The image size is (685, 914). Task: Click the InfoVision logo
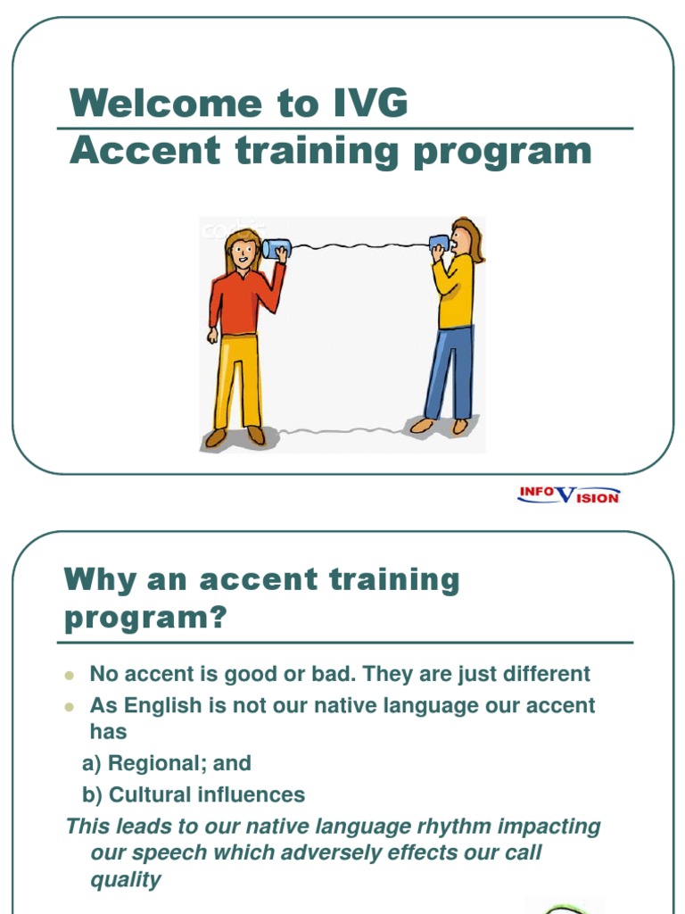tap(568, 494)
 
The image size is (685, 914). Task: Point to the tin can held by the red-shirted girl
tap(273, 248)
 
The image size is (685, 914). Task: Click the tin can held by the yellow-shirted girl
tap(440, 243)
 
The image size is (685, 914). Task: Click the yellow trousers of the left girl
tap(237, 379)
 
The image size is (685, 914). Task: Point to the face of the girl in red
tap(243, 253)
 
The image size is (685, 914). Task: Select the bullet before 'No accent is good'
tap(69, 675)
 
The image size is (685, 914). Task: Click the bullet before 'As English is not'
tap(69, 706)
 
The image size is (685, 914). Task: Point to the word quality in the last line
tap(126, 879)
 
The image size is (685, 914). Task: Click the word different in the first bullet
tap(544, 674)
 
